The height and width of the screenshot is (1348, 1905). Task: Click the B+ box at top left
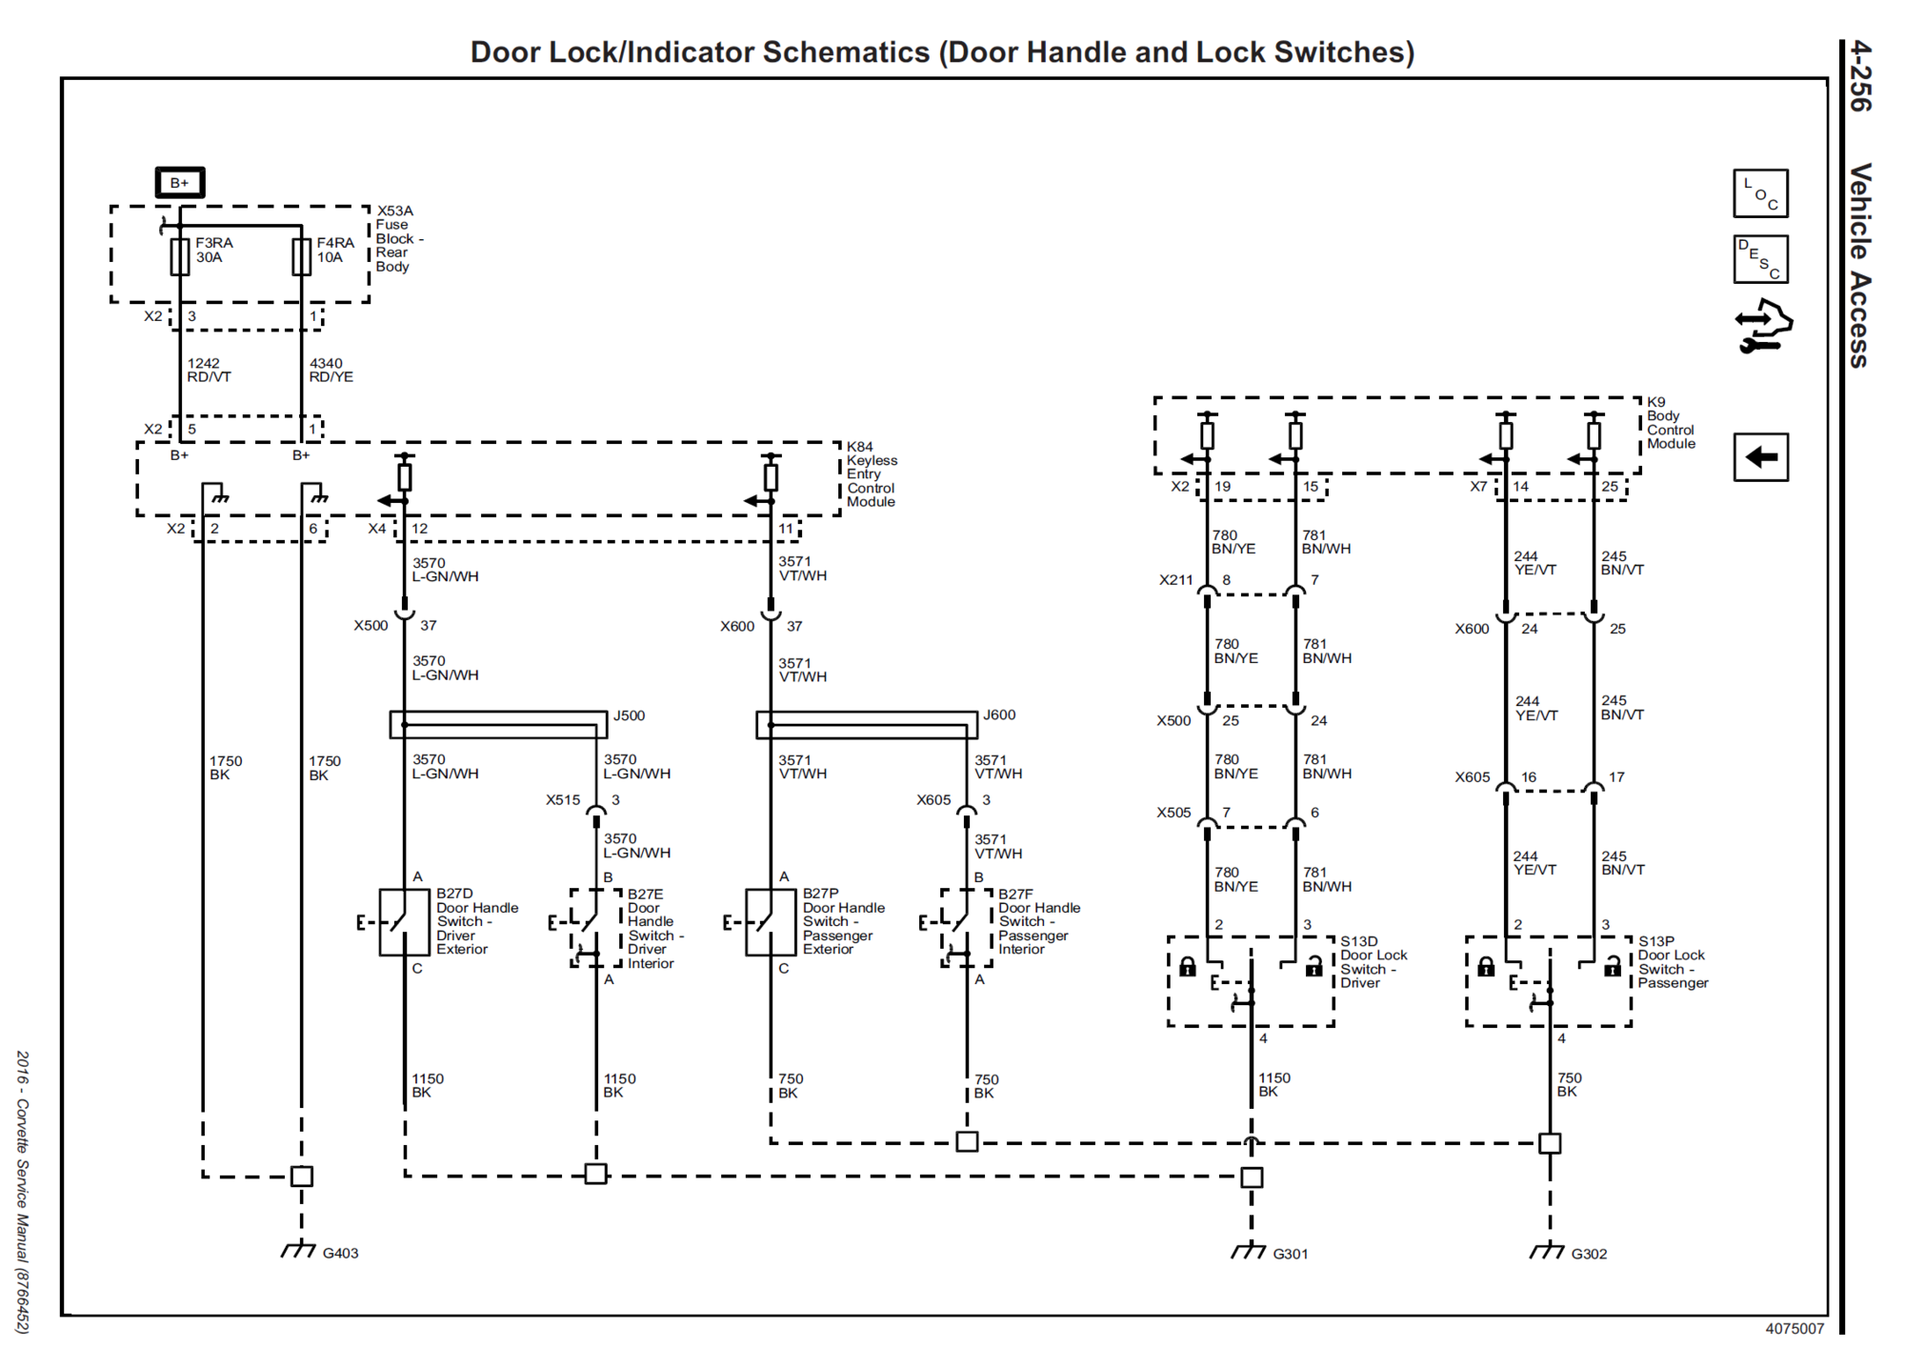click(180, 182)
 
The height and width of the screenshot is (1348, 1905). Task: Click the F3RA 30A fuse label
click(214, 250)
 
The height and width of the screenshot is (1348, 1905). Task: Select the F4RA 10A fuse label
click(335, 250)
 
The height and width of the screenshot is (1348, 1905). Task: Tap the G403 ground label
click(340, 1253)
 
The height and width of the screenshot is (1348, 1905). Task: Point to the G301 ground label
click(1291, 1254)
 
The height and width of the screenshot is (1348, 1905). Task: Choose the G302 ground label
click(1589, 1254)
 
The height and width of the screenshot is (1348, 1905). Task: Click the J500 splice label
click(629, 715)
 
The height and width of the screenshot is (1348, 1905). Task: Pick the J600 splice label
click(999, 714)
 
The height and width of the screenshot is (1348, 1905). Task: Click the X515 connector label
click(563, 799)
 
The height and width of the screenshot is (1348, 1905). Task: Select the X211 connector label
click(1176, 579)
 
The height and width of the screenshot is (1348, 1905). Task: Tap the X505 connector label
click(1173, 813)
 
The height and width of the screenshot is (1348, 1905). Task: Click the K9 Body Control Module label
click(1672, 423)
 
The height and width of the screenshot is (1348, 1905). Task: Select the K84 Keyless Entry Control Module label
click(872, 474)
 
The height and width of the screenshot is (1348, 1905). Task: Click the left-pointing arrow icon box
click(1760, 457)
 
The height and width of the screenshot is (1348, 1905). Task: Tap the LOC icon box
click(1760, 193)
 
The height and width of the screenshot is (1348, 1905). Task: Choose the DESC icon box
click(1760, 259)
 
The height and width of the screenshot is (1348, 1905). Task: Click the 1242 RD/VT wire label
click(209, 370)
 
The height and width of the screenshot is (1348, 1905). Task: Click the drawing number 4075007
click(1795, 1329)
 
